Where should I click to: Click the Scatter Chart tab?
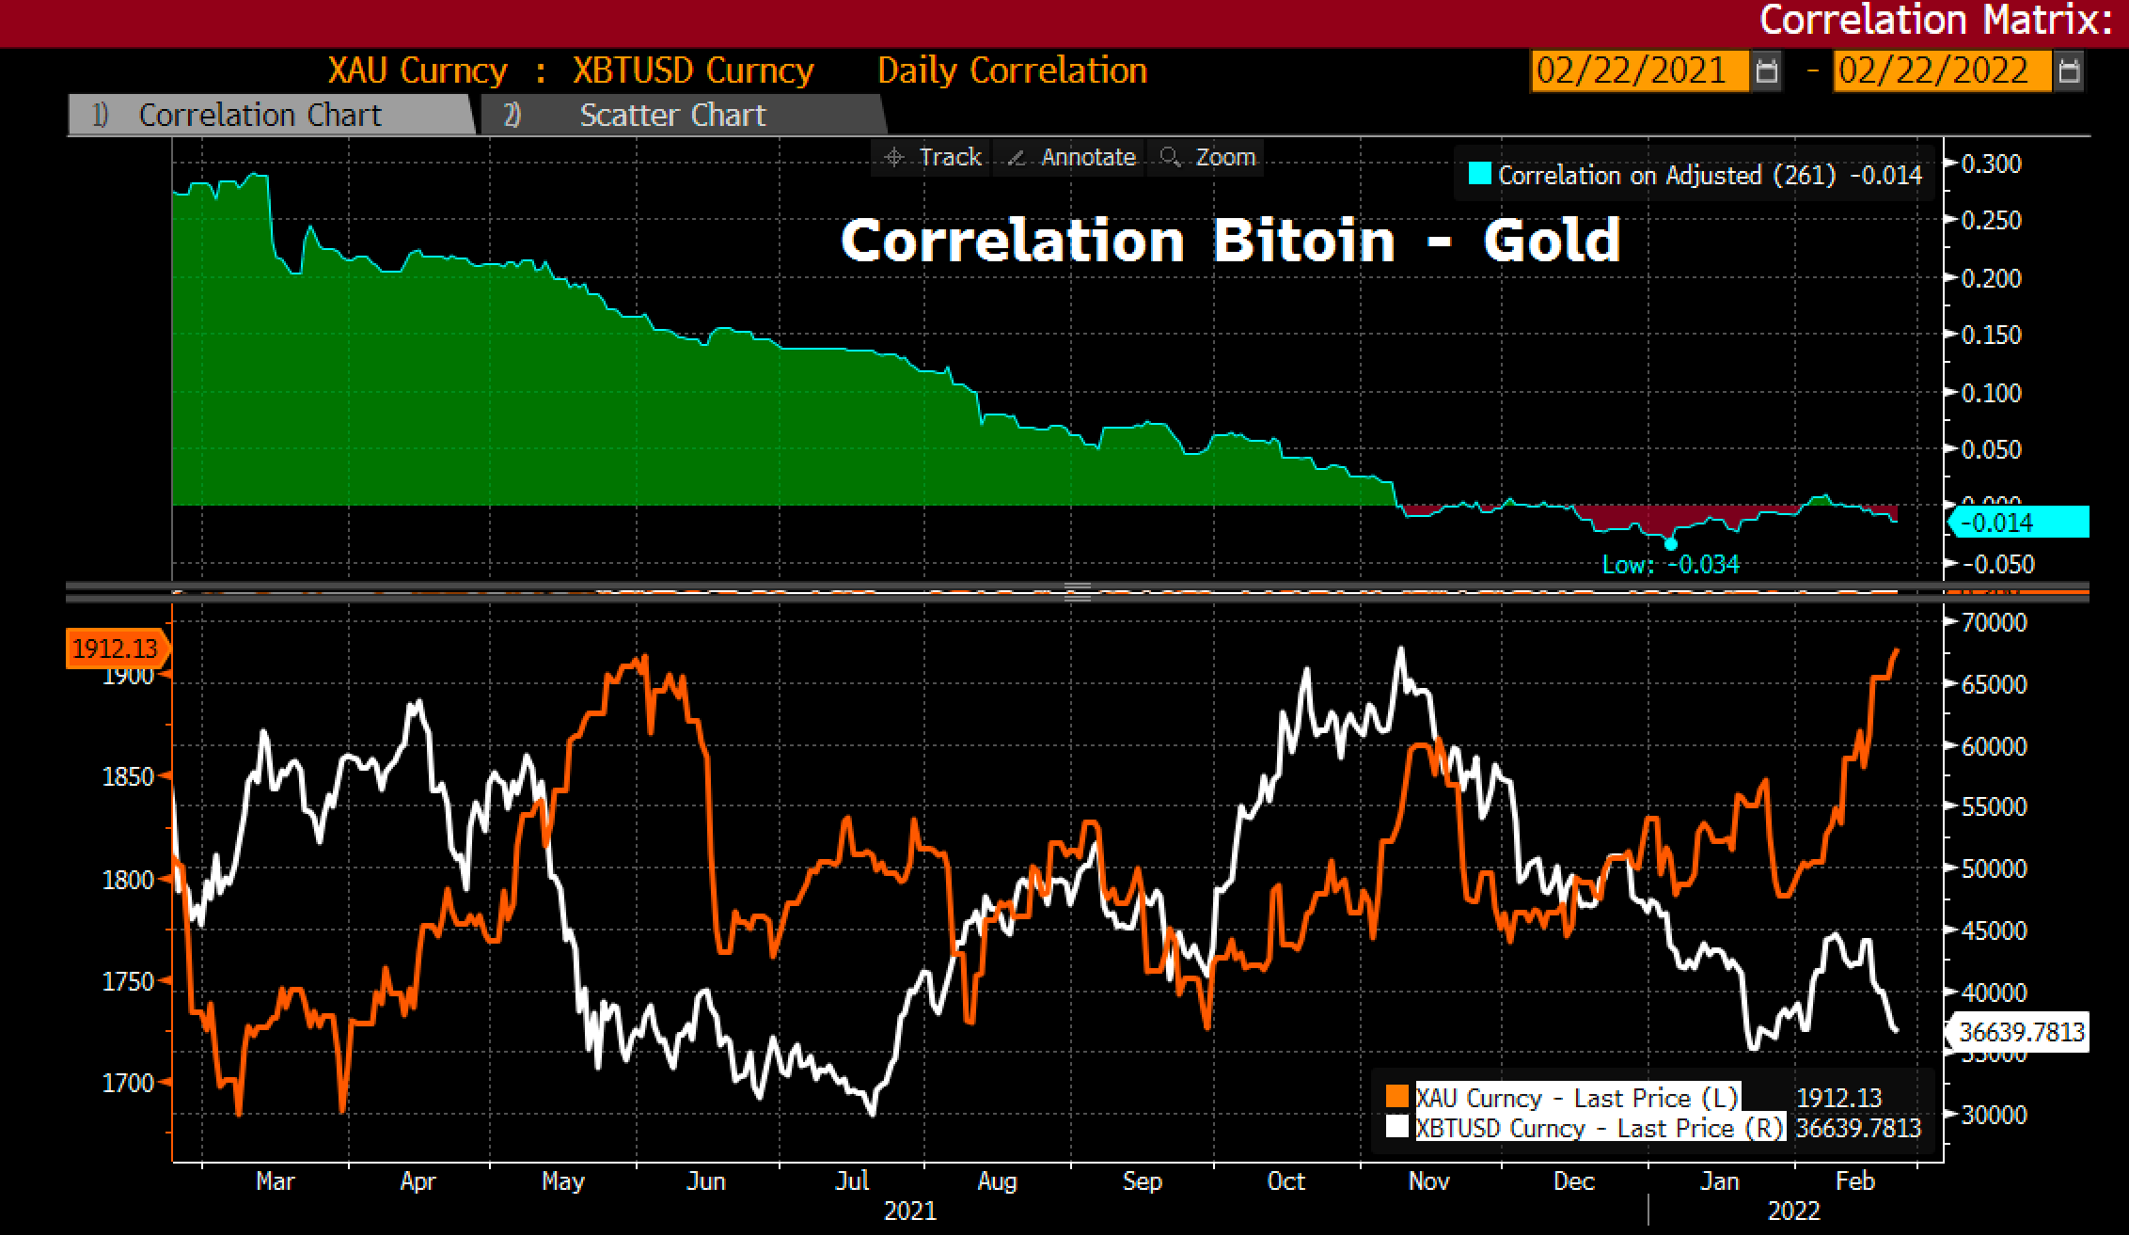[672, 116]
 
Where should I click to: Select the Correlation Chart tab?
[260, 116]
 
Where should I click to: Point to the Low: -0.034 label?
[1671, 565]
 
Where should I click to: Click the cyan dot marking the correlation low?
[1671, 544]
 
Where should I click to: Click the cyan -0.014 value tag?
[2020, 523]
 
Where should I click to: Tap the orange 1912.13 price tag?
[116, 649]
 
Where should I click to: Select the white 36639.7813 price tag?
[2020, 1033]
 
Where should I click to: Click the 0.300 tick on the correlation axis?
[1990, 164]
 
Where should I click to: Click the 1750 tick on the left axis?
[128, 981]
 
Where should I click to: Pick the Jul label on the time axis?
[852, 1181]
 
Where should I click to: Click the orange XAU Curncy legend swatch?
[1397, 1098]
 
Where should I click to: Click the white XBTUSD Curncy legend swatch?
[1397, 1127]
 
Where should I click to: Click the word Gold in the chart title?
[1552, 241]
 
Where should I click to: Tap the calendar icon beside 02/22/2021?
[1767, 71]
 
